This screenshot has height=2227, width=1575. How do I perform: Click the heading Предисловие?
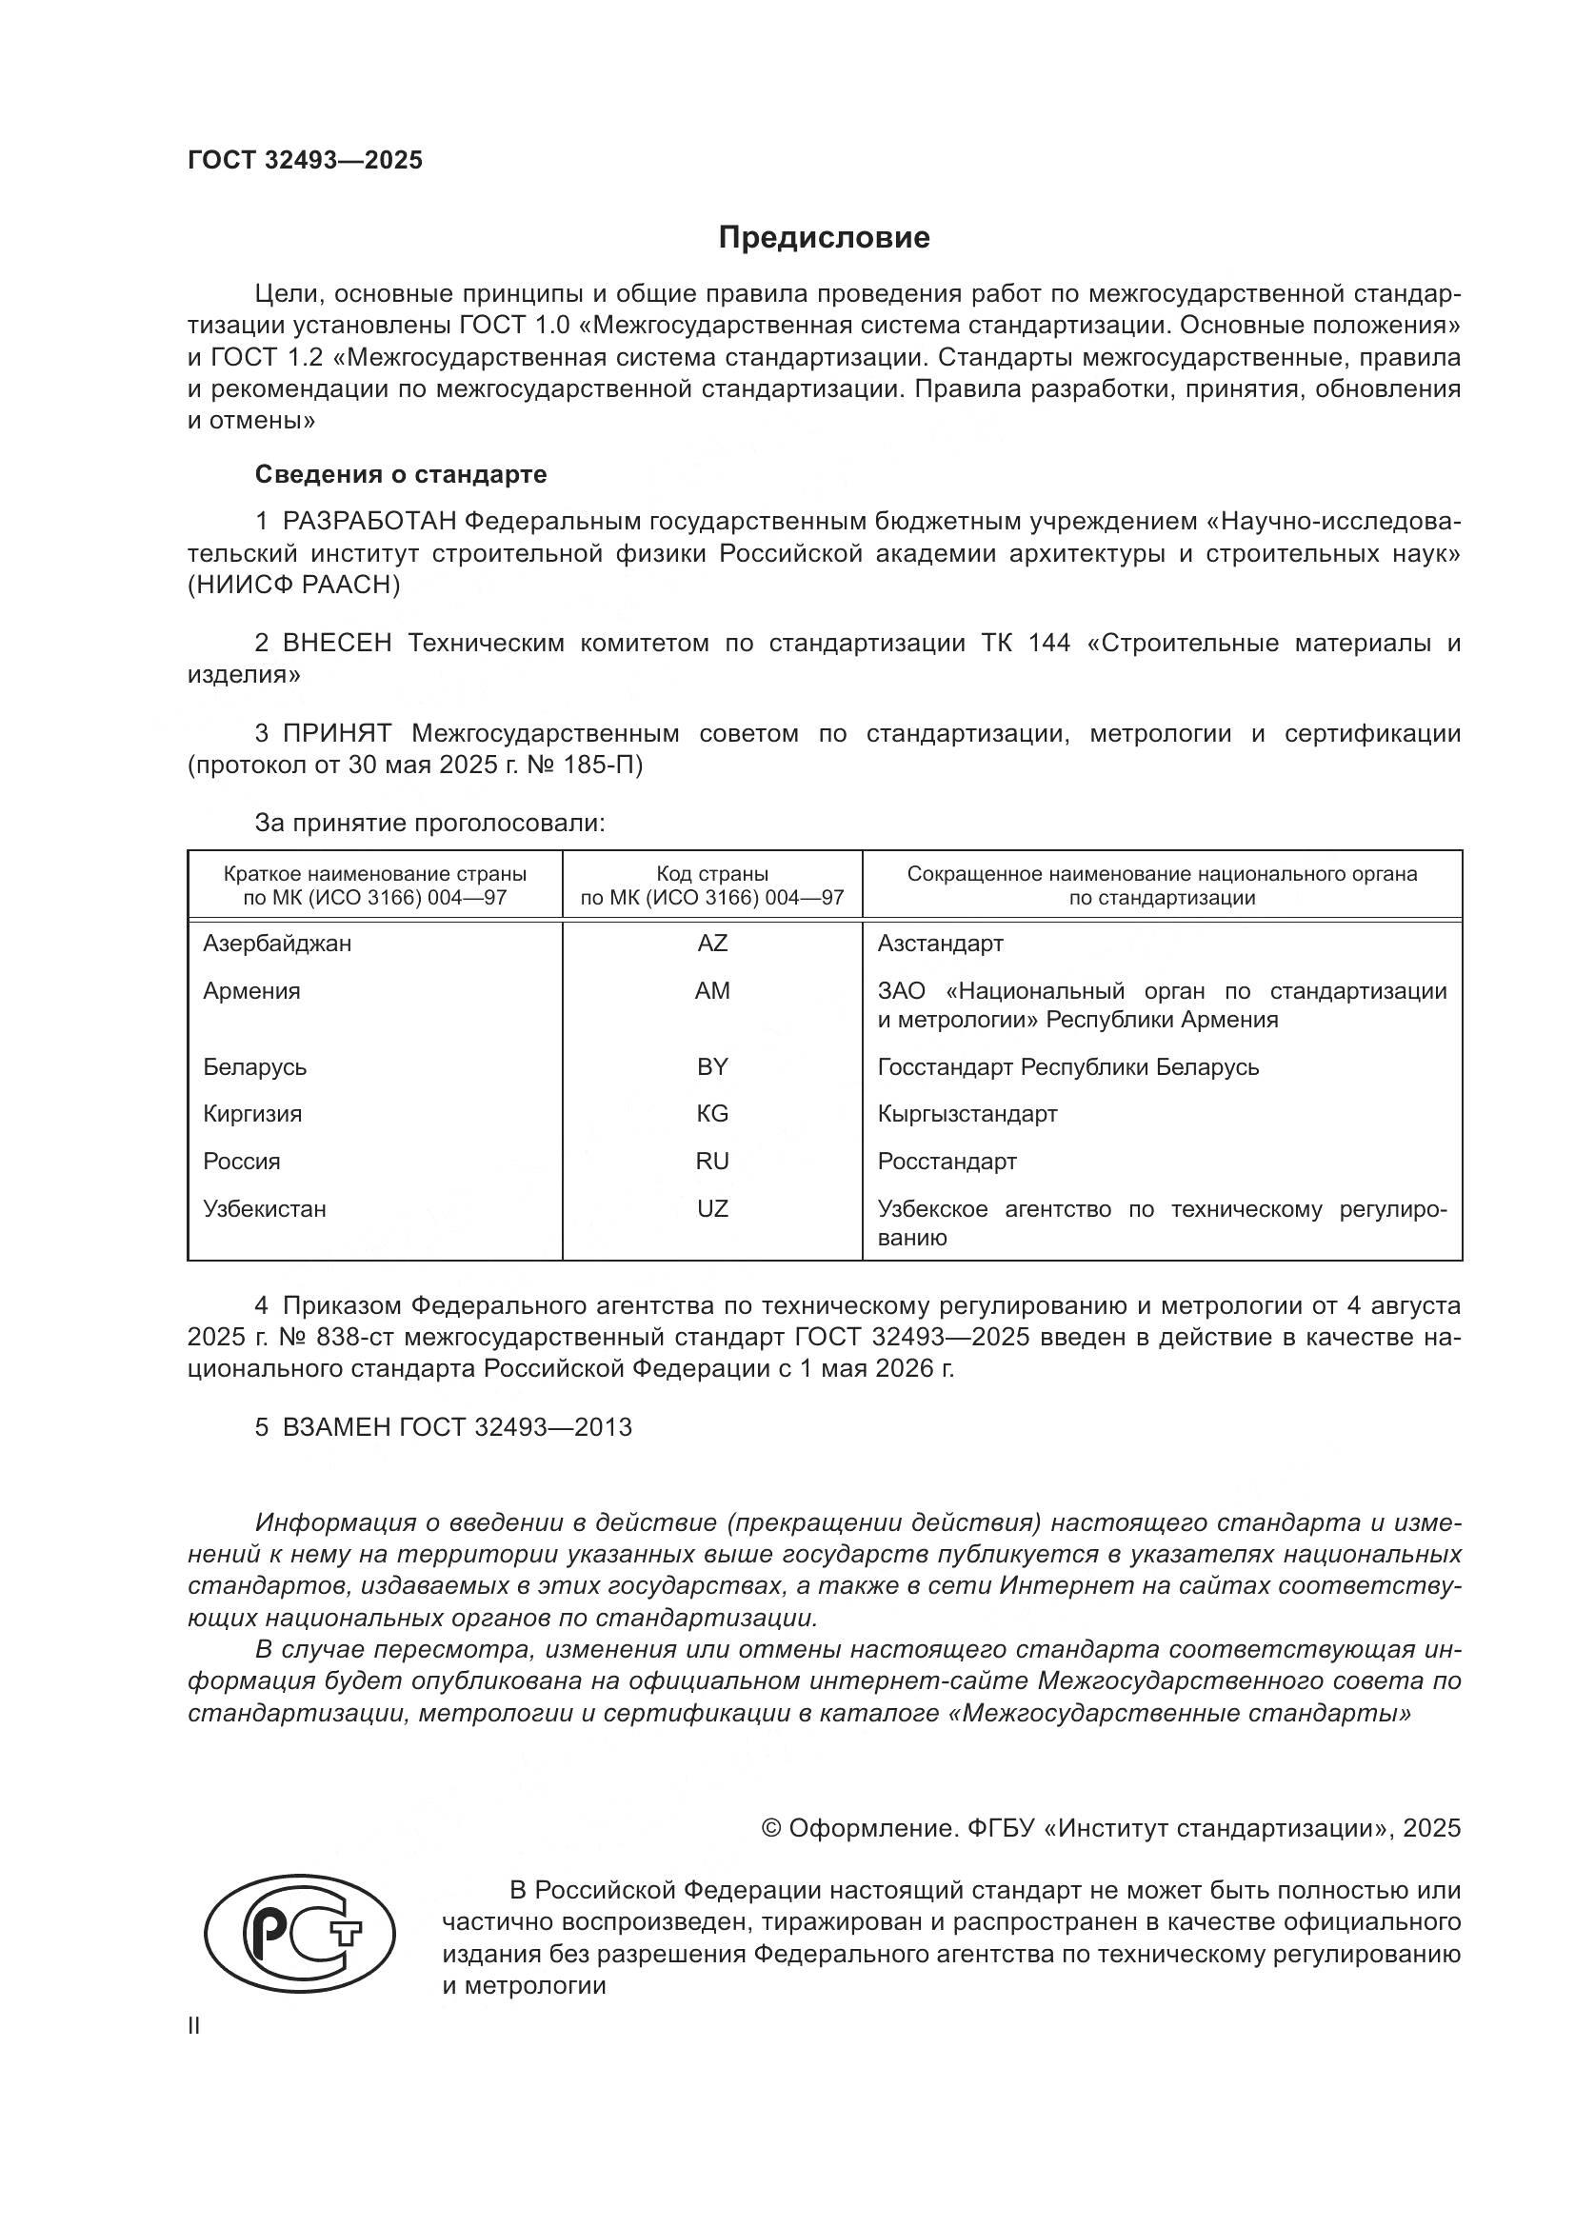[x=824, y=238]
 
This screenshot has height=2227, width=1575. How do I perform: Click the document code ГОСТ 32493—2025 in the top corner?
[x=305, y=161]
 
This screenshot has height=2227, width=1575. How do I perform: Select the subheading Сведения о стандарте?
[x=401, y=474]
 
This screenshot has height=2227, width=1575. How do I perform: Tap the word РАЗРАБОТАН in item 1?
[x=369, y=522]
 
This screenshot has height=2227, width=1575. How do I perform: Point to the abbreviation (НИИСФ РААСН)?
[x=293, y=585]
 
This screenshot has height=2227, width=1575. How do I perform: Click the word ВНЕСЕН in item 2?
[x=336, y=643]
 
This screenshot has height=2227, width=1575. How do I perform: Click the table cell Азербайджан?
[x=277, y=943]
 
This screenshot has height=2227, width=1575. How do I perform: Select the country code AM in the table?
[x=712, y=990]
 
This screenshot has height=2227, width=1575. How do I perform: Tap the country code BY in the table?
[x=712, y=1067]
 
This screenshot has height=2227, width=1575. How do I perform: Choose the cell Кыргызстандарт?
[x=967, y=1114]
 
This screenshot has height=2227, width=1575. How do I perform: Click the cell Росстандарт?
[x=947, y=1161]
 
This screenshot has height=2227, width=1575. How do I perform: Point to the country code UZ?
[x=712, y=1208]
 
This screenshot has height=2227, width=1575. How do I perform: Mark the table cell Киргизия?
[x=252, y=1114]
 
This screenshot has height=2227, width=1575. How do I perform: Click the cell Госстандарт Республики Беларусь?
[x=1067, y=1067]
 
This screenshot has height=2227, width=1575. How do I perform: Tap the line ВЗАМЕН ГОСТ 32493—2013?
[x=456, y=1428]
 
